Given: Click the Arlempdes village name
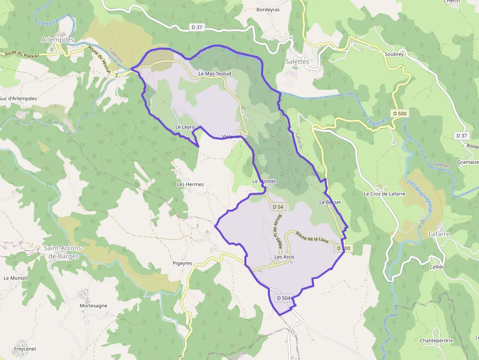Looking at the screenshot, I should (x=58, y=40).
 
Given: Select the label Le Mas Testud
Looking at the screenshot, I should (x=215, y=74).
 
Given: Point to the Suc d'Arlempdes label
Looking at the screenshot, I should (x=18, y=98).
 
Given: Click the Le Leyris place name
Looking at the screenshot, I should (x=185, y=127).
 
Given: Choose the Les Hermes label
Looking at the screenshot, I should (x=190, y=184).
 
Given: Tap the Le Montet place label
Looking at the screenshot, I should (x=264, y=181).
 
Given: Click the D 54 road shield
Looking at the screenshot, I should (x=277, y=207).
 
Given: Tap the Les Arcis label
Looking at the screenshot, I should (x=284, y=256).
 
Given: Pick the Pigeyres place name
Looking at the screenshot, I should (x=182, y=263).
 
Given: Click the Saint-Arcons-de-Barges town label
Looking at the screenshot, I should (x=64, y=252).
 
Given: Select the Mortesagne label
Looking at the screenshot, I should (x=93, y=306).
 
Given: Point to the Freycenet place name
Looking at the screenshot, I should (x=25, y=349).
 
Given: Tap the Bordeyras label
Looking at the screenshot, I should (x=268, y=9).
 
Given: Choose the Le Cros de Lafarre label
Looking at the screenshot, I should (x=384, y=193).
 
